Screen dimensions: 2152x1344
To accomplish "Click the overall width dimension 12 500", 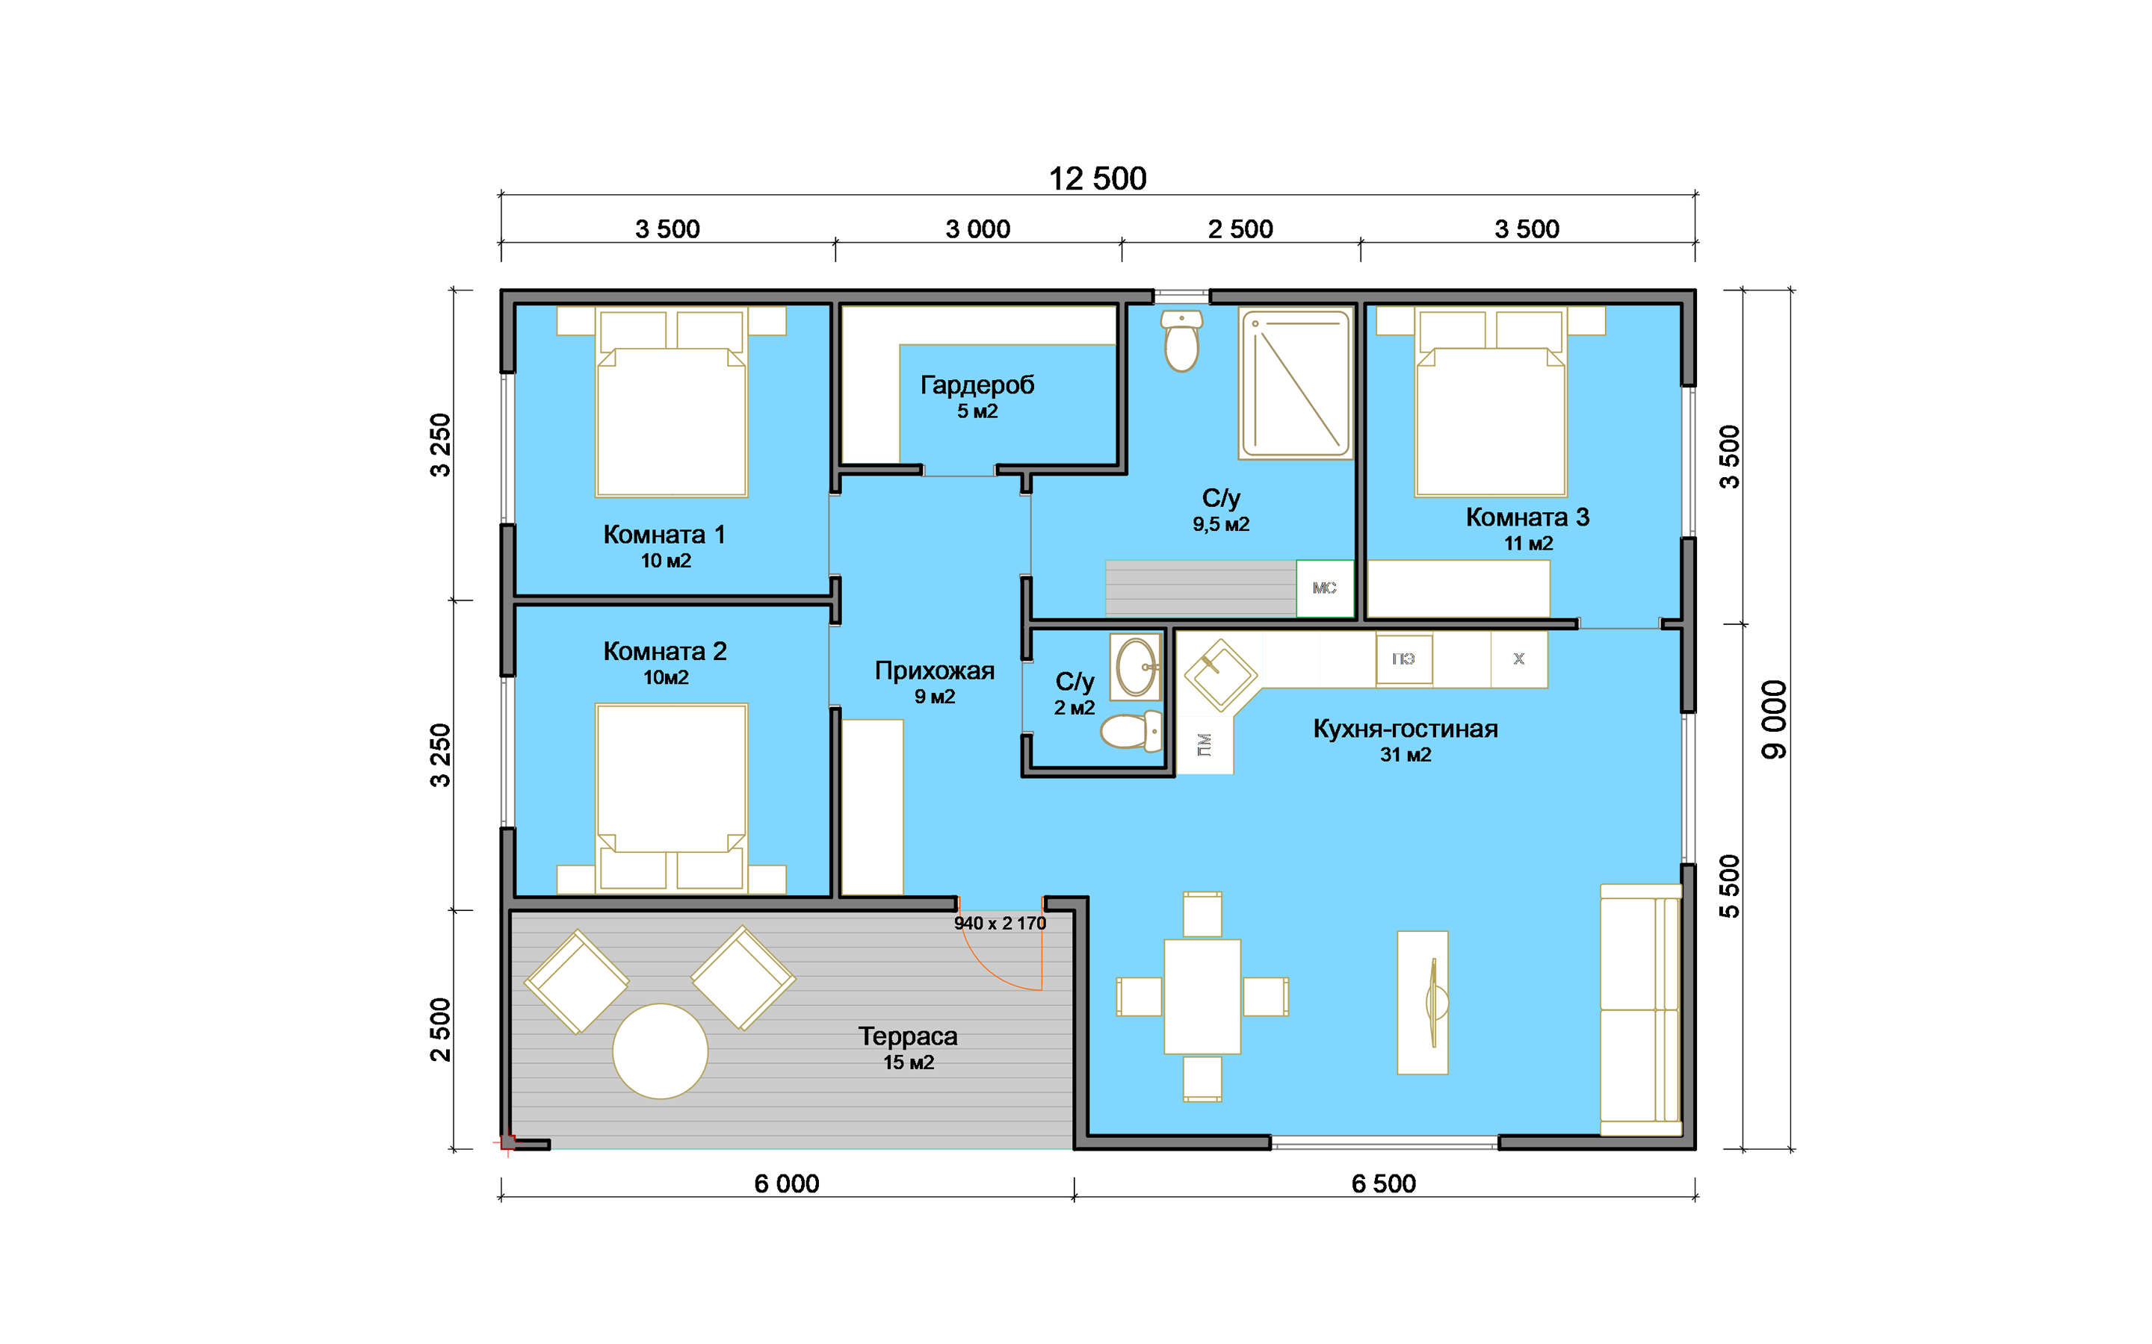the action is tap(1098, 178).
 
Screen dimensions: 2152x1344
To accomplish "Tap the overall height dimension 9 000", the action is tap(1773, 720).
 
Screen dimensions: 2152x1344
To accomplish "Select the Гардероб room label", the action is tap(977, 385).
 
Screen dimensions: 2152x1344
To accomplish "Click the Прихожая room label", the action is tap(935, 671).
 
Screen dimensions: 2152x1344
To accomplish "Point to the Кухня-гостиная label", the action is tap(1405, 729).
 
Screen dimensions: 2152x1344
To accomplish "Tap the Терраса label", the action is tap(908, 1036).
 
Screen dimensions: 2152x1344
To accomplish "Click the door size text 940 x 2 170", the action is tap(1001, 924).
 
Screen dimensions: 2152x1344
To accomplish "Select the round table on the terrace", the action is tap(660, 1051).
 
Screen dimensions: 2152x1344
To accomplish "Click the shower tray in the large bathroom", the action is tap(1296, 384).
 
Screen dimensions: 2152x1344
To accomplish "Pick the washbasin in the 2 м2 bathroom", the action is tap(1136, 667).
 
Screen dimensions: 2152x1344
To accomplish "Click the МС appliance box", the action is tap(1324, 588).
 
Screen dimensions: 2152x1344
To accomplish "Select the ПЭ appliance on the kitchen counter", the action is tap(1404, 659).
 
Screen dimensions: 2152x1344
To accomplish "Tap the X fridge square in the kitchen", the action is tap(1519, 659).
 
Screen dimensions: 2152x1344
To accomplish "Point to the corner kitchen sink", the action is tap(1220, 676).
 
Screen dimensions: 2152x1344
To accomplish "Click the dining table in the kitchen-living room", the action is tap(1202, 997).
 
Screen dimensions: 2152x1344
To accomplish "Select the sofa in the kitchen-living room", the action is tap(1641, 1009).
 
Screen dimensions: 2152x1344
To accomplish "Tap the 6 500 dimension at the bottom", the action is tap(1384, 1184).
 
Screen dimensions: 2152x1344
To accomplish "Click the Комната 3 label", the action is tap(1527, 517).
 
